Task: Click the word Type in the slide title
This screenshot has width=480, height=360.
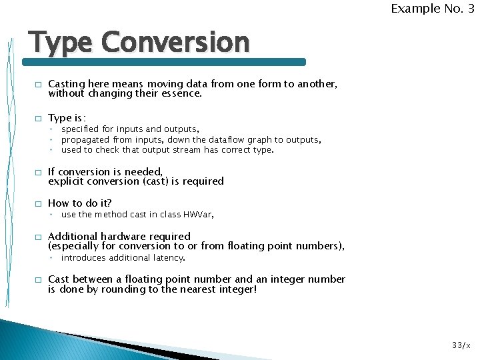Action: pos(61,43)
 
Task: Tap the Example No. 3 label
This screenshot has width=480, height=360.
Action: pos(432,9)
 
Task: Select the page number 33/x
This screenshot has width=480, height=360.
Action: pos(461,345)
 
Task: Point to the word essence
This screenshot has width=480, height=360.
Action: pos(180,94)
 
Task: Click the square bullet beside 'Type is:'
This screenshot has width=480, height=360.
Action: pos(38,119)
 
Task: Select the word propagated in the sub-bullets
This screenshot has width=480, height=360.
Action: pos(86,140)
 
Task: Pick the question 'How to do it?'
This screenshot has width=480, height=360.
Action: pos(80,203)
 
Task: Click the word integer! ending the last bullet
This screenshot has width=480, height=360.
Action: pos(234,289)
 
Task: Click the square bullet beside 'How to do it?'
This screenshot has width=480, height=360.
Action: pos(38,204)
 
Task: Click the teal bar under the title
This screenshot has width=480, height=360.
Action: pos(164,62)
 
